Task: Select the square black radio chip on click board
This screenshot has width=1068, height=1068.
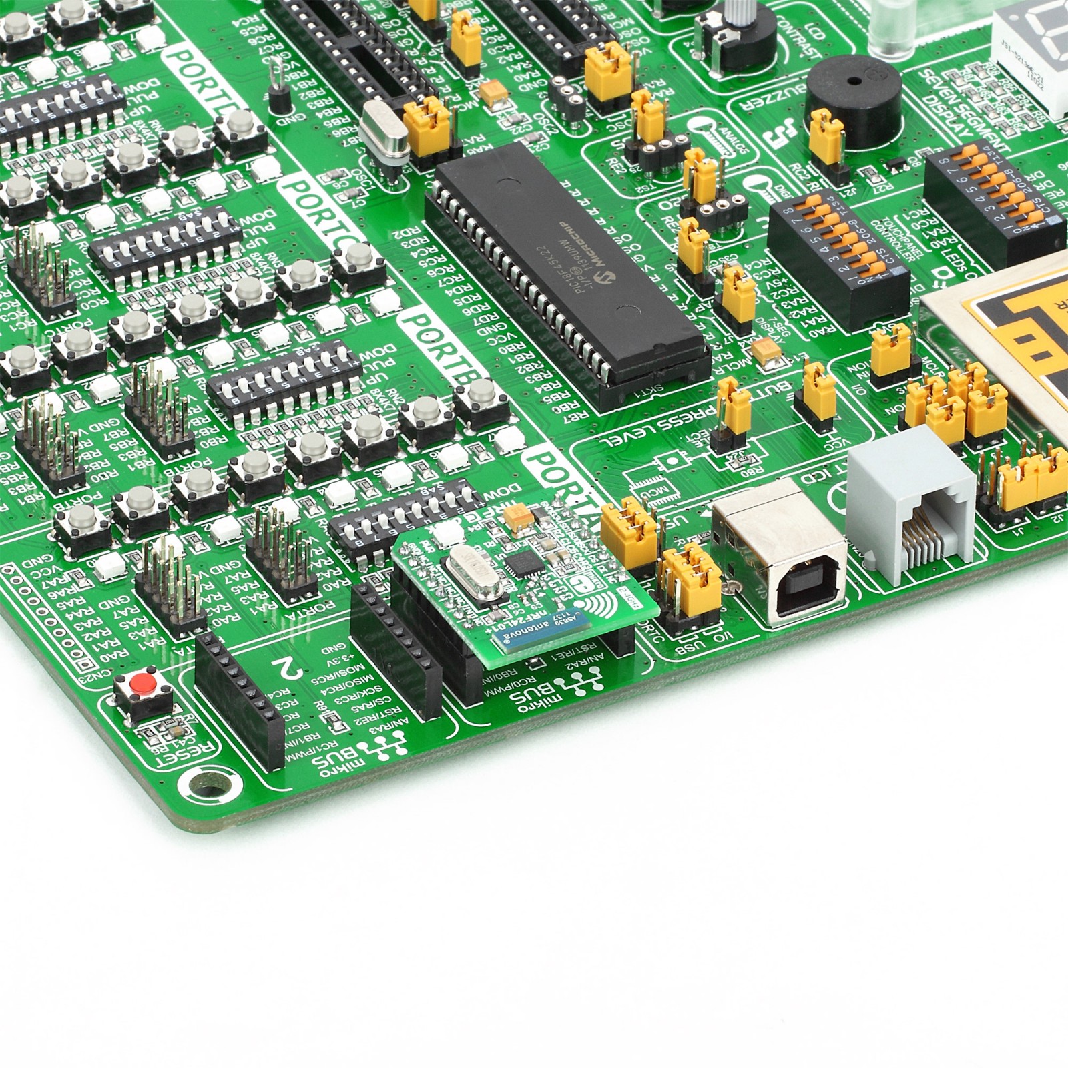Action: tap(517, 567)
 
